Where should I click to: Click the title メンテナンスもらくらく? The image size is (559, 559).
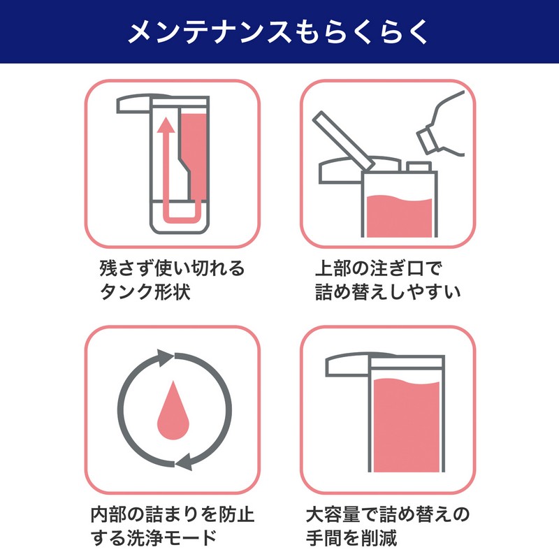[278, 32]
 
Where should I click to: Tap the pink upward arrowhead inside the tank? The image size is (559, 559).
[166, 124]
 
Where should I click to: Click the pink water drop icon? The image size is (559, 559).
[173, 410]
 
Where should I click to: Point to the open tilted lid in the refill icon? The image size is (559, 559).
[343, 140]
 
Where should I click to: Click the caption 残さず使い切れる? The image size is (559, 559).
[172, 268]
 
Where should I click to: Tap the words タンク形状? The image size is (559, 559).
[145, 291]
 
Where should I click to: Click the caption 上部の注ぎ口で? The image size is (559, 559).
[379, 268]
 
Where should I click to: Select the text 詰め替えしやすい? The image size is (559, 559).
[388, 291]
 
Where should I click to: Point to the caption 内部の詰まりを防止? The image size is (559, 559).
[172, 514]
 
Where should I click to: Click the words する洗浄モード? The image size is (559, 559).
[154, 537]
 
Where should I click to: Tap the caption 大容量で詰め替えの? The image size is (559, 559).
[388, 514]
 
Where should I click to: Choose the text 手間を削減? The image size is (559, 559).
[351, 537]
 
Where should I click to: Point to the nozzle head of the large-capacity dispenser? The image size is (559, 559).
[347, 365]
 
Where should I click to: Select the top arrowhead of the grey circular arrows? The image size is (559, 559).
[165, 358]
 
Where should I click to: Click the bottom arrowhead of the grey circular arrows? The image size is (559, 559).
[184, 462]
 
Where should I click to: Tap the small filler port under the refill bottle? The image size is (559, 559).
[419, 167]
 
